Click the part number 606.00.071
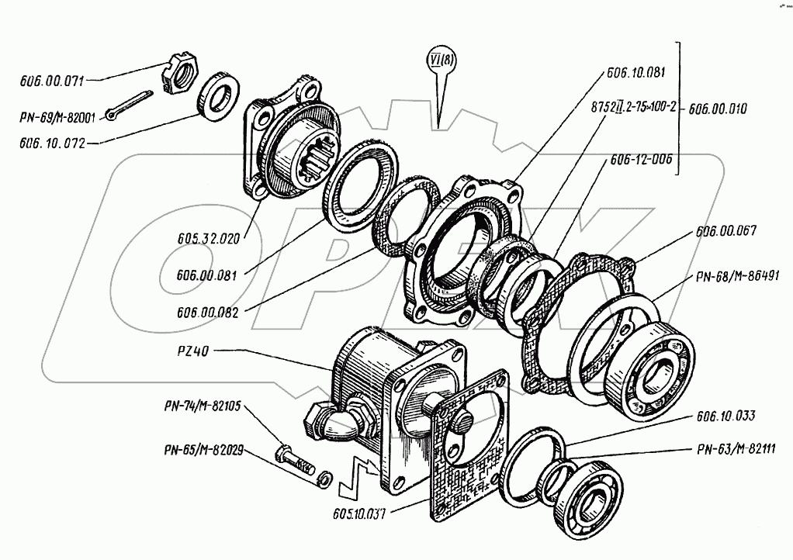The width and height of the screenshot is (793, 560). click(x=51, y=81)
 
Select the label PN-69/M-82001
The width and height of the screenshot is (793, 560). click(x=57, y=117)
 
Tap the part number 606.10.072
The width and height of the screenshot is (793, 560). click(x=52, y=143)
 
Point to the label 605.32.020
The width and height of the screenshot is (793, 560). click(x=209, y=239)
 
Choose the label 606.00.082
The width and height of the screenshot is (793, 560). click(x=207, y=313)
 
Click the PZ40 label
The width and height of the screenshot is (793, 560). click(x=192, y=351)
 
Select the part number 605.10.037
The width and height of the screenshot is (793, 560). click(x=359, y=514)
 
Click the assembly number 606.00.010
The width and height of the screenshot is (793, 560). click(x=717, y=109)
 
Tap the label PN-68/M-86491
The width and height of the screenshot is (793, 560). click(x=738, y=276)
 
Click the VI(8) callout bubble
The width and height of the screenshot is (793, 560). click(x=442, y=60)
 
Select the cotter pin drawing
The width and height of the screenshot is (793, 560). click(x=129, y=105)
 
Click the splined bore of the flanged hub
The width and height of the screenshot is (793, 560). click(x=313, y=158)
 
